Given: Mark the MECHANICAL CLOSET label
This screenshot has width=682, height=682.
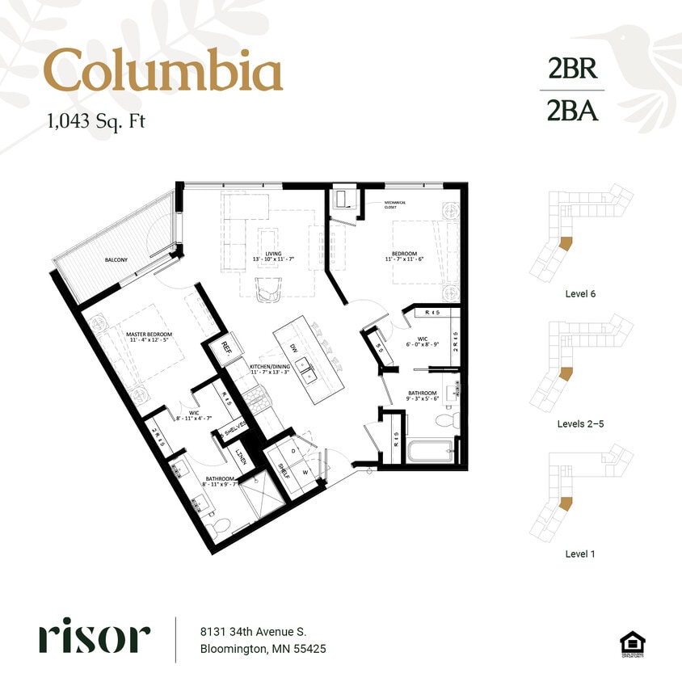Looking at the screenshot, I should pos(394,205).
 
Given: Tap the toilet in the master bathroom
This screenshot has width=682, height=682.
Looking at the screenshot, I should pos(215,529).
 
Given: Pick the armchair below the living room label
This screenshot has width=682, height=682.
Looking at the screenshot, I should pos(270,288).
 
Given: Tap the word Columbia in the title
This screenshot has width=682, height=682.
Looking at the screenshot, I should pos(162,71).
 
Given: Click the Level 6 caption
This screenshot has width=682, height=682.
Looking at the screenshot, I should pos(581,294).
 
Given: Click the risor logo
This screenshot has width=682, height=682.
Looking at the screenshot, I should pos(94,638).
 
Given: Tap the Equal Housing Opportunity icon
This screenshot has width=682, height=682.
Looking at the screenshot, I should pos(632,644).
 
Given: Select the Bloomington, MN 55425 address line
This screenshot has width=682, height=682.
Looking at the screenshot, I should pos(263,649).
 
